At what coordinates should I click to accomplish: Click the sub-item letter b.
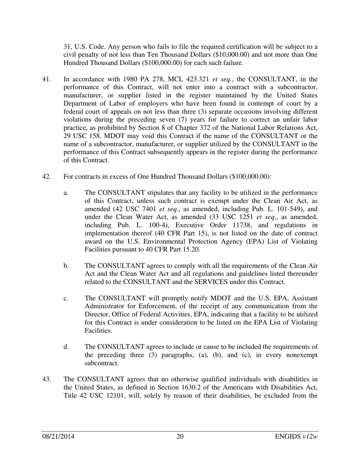[66, 266]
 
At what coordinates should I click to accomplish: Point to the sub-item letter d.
[66, 347]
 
